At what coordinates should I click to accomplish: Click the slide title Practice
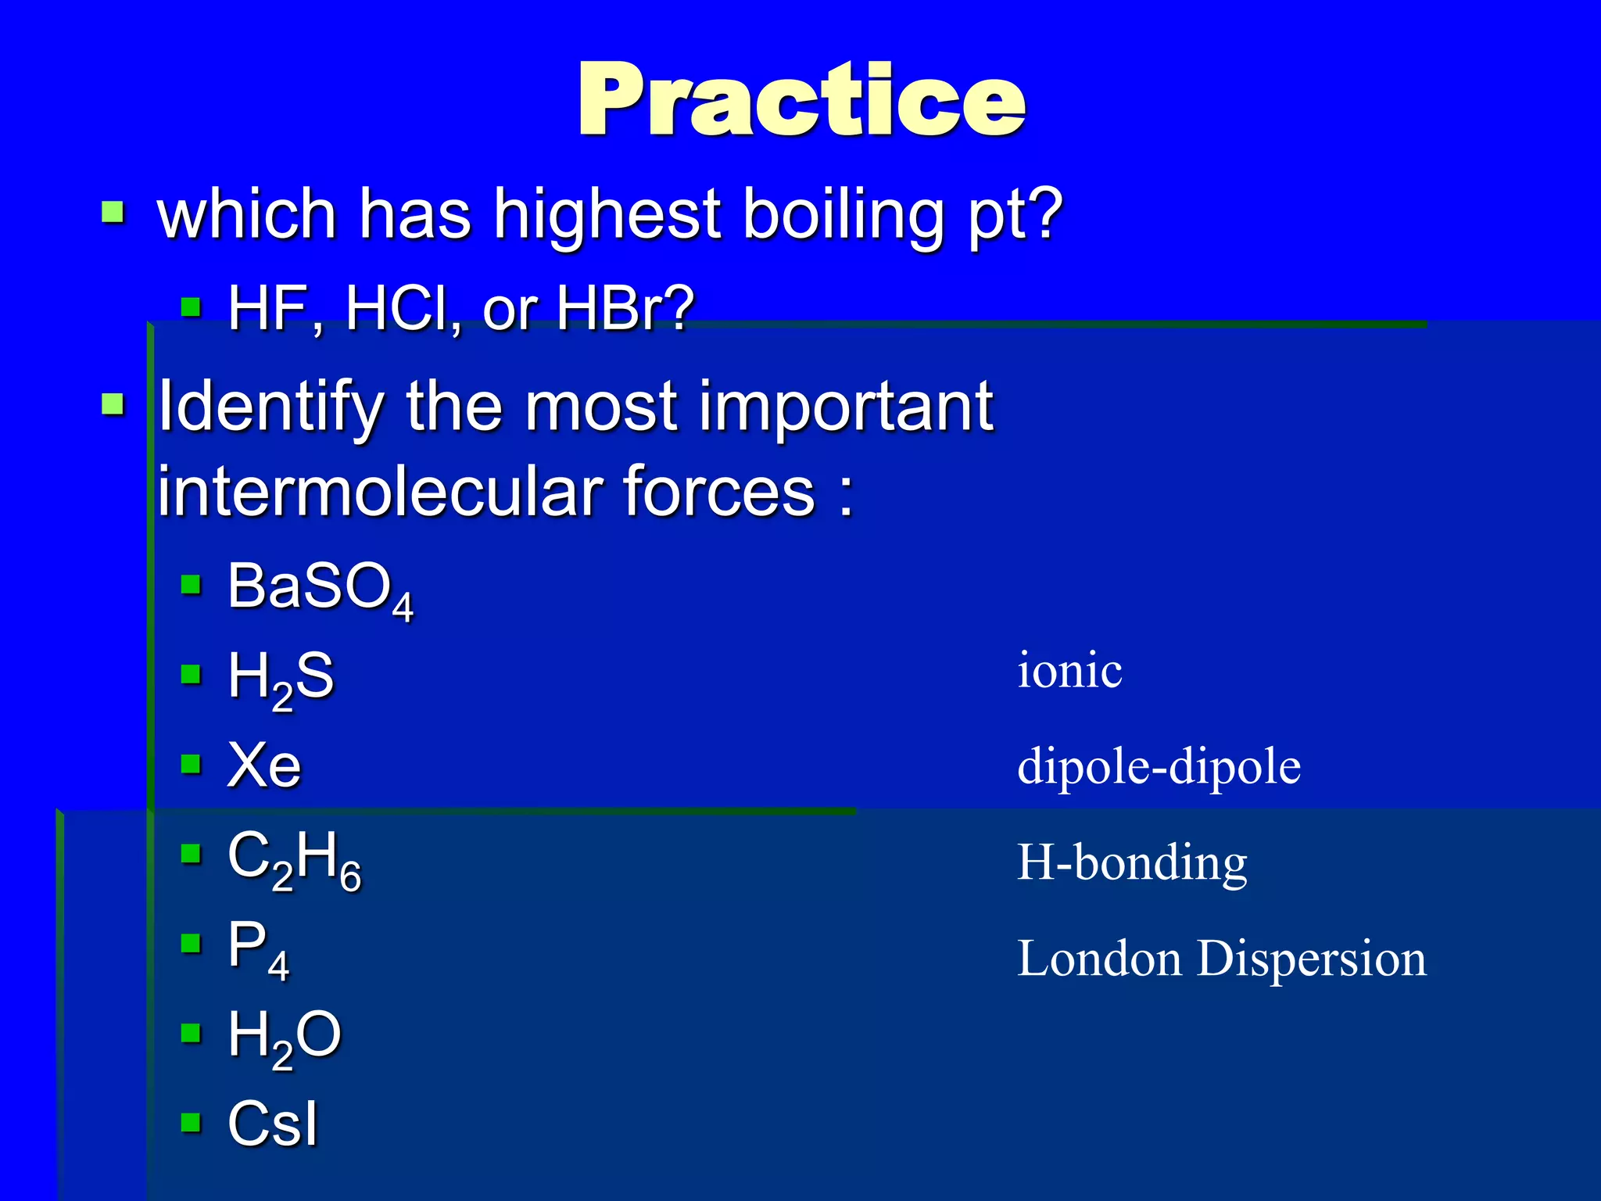click(800, 100)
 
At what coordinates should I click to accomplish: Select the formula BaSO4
click(319, 588)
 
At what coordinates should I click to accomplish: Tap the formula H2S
click(280, 677)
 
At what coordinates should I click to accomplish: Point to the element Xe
click(263, 765)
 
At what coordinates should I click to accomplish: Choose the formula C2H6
click(294, 858)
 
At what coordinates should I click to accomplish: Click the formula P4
click(257, 948)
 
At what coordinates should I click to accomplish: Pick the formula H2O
click(284, 1037)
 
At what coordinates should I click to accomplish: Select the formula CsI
click(273, 1124)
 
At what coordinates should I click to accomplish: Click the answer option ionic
click(1069, 671)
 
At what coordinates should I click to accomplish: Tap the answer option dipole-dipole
click(1159, 766)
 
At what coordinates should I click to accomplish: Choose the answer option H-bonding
click(1131, 863)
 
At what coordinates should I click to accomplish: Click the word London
click(1098, 959)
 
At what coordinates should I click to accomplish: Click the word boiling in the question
click(844, 215)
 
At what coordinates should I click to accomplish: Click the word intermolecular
click(380, 493)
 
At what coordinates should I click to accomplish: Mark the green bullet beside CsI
click(191, 1123)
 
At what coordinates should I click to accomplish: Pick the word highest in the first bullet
click(607, 215)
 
